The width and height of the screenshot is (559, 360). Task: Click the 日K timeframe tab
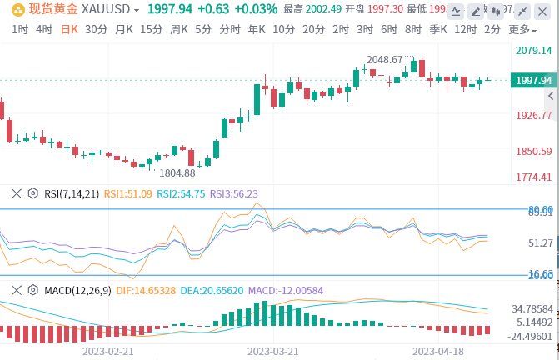69,29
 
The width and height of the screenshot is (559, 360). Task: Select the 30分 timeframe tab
96,29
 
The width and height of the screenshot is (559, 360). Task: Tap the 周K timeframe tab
178,29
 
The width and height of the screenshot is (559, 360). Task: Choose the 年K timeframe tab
256,29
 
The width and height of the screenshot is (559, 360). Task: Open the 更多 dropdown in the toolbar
522,29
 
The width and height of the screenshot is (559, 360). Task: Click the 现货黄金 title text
55,9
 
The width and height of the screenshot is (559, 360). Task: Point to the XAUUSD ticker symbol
112,9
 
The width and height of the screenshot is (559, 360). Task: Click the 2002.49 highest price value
324,9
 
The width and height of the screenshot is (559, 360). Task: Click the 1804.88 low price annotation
177,172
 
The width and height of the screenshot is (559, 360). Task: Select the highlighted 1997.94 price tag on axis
534,80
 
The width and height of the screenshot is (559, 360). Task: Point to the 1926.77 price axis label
534,115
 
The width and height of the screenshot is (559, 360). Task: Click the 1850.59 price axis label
534,151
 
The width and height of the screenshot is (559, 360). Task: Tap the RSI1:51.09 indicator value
127,193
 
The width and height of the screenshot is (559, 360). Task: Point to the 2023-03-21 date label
273,352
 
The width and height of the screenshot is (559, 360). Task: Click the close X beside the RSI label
16,193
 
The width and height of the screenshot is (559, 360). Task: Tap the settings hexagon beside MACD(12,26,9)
33,290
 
